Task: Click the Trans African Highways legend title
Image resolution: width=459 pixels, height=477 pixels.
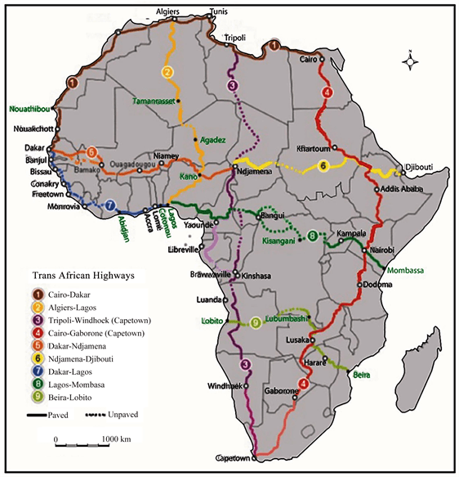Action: coord(79,276)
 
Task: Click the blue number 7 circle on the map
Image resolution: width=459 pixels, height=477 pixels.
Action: coord(109,206)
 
